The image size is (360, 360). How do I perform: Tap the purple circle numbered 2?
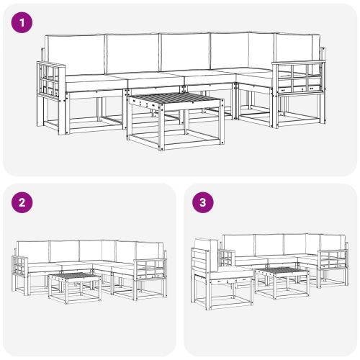(23, 203)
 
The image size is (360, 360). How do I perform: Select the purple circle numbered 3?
(204, 203)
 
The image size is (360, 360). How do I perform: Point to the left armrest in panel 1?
(51, 78)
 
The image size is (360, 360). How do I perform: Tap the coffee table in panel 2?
(75, 284)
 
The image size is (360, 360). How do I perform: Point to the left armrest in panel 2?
(19, 265)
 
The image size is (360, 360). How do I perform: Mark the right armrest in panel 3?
(333, 258)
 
